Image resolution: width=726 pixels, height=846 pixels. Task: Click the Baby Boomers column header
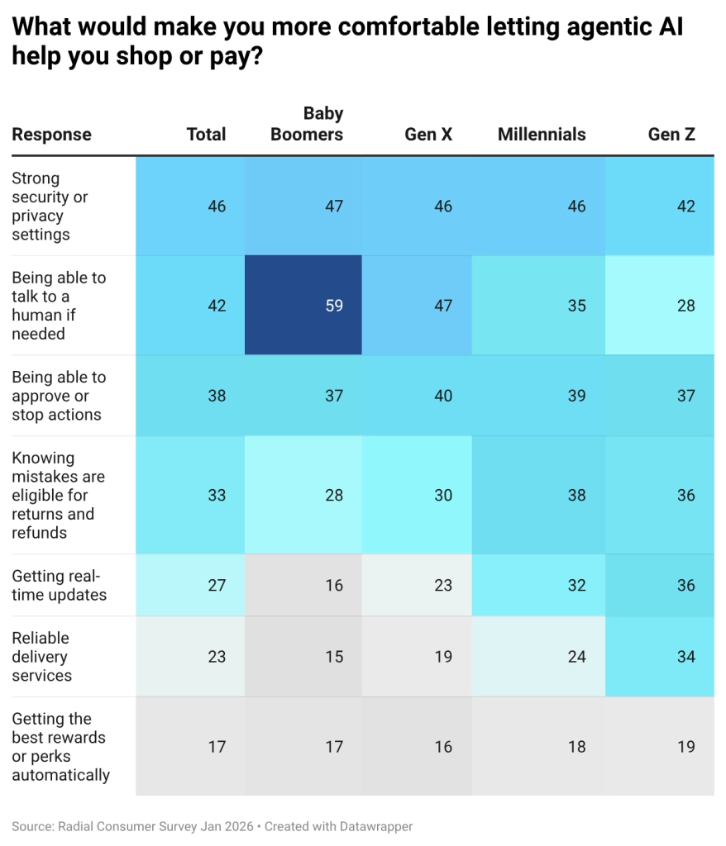tap(307, 124)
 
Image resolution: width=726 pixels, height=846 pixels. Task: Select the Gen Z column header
tap(671, 135)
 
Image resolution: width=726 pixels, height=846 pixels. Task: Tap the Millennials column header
tap(542, 135)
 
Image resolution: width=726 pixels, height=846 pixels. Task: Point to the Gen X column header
tap(428, 135)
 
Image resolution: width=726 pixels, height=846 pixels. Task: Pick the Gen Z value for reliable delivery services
tap(686, 657)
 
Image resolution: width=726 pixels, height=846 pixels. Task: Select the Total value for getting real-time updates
tap(217, 585)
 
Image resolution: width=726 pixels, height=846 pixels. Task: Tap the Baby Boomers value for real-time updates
tap(333, 585)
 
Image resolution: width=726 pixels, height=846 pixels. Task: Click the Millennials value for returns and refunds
tap(576, 496)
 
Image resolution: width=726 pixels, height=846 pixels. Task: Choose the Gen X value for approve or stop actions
tap(443, 396)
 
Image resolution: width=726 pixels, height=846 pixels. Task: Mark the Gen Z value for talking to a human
tap(686, 306)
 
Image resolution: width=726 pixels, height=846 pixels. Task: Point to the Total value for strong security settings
tap(217, 206)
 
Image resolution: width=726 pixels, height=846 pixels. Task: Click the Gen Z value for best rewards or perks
tap(686, 747)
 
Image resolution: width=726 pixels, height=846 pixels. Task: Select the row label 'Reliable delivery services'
tap(41, 657)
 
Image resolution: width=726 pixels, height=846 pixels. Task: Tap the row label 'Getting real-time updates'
tap(59, 585)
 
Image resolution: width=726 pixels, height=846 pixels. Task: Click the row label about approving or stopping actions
tap(59, 396)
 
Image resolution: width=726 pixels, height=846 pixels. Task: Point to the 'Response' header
tap(51, 135)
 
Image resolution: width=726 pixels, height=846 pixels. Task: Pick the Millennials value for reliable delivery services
tap(576, 657)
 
